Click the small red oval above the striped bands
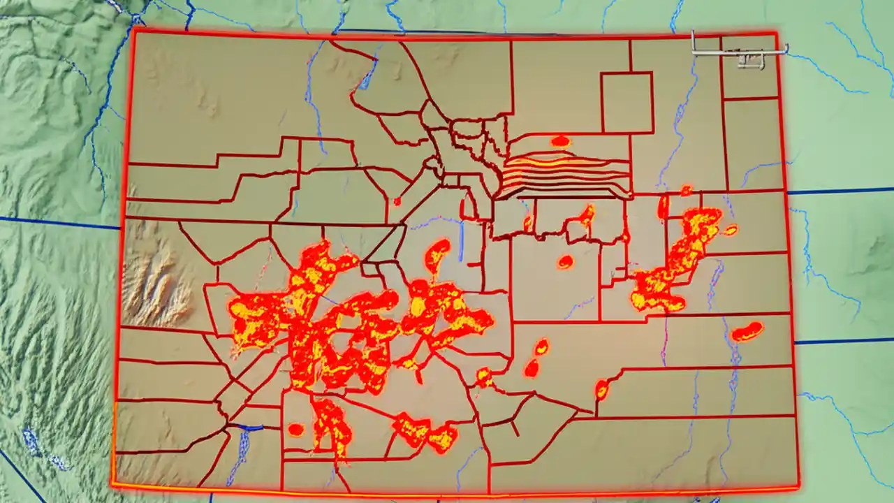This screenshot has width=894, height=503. tap(560, 141)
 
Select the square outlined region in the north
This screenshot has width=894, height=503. tap(626, 102)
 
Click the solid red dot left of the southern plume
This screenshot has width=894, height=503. tap(295, 430)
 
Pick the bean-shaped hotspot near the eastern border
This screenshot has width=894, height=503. tap(747, 331)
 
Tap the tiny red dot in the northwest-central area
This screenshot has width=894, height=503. tap(397, 201)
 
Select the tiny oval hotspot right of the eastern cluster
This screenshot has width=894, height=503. tap(731, 230)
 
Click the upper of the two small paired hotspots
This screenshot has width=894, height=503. tap(541, 347)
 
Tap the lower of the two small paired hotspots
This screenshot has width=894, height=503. tap(532, 368)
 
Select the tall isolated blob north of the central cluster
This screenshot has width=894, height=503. tap(437, 255)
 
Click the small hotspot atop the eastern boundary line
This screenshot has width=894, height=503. tap(686, 191)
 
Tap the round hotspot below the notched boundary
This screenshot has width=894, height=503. tap(565, 263)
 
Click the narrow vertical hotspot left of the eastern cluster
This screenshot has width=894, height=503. tap(663, 207)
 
